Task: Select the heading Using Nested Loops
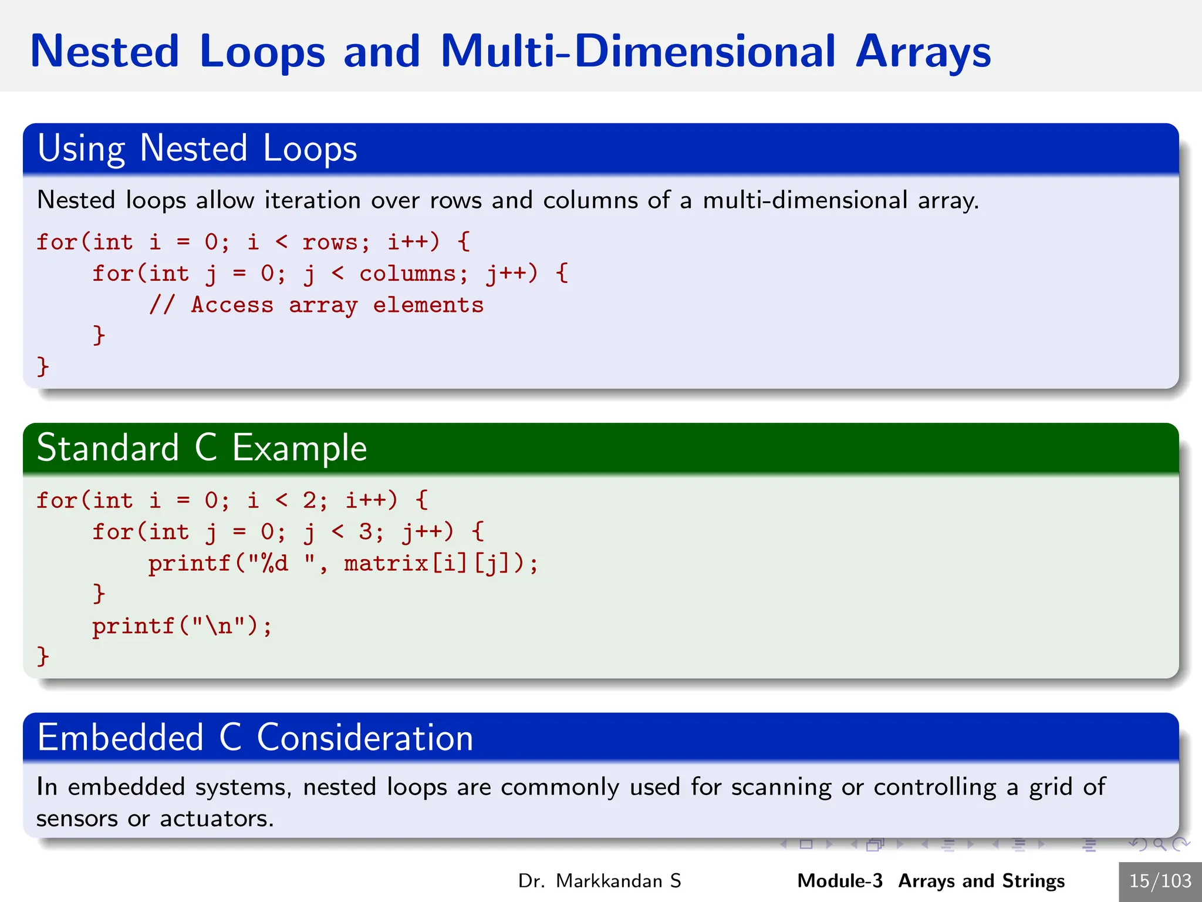(197, 148)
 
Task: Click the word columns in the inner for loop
(407, 274)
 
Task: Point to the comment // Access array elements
(316, 305)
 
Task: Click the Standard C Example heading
(202, 448)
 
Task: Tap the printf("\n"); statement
(182, 626)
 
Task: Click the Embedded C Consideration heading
(255, 738)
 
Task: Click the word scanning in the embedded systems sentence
(781, 787)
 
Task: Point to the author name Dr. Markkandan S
(599, 881)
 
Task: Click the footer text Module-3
(839, 881)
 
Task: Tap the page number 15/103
(1160, 881)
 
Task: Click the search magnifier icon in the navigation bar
(1159, 844)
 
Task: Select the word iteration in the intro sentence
(312, 200)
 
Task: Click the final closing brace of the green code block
(42, 656)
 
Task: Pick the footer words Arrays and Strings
(981, 881)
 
